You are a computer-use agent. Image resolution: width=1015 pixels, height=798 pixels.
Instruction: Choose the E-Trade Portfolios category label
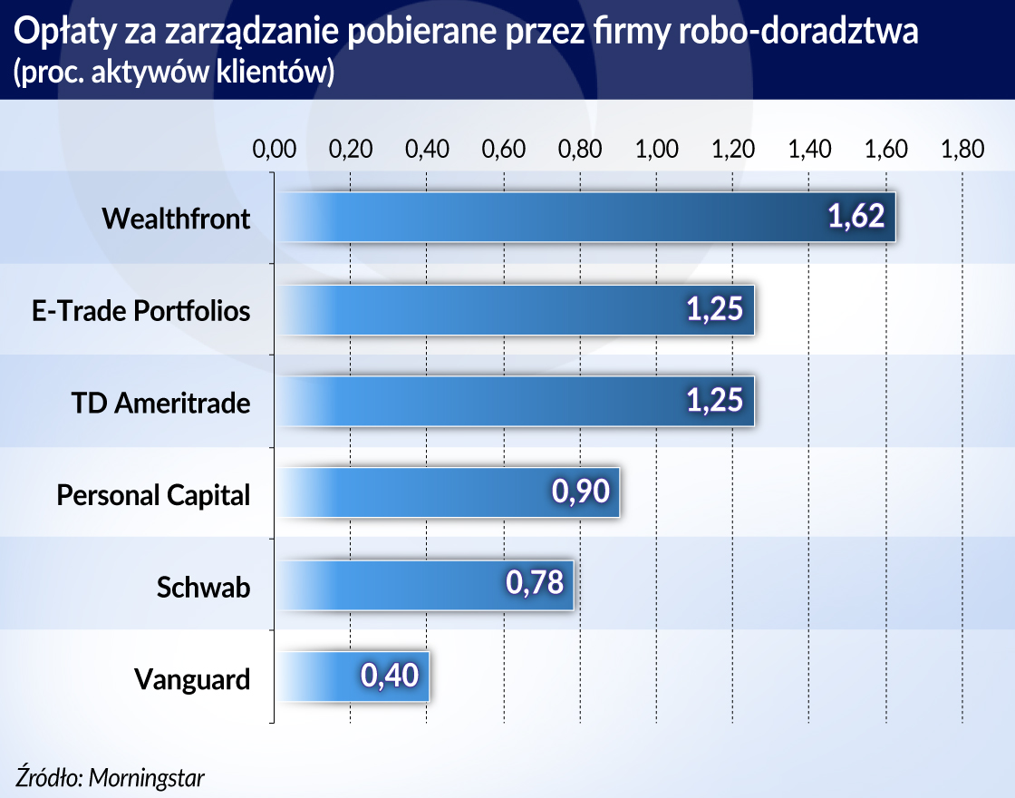click(x=140, y=310)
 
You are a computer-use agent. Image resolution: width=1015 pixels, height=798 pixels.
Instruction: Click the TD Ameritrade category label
click(x=160, y=402)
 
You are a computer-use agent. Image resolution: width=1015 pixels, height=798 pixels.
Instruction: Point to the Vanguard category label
click(x=192, y=678)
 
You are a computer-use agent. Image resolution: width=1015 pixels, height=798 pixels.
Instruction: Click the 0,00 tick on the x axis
click(x=274, y=149)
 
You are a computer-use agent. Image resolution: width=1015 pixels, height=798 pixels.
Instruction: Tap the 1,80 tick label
click(x=962, y=149)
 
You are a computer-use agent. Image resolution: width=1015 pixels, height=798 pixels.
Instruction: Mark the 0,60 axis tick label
click(x=503, y=149)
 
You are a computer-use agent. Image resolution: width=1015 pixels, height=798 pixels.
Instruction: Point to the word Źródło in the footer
click(x=46, y=776)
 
